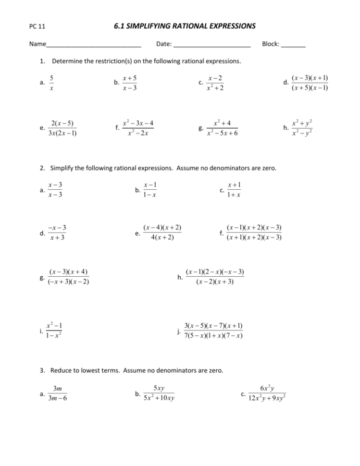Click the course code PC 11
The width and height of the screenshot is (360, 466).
(37, 27)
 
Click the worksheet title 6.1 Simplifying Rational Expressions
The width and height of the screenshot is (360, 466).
(185, 26)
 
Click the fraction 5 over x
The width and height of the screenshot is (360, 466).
(51, 83)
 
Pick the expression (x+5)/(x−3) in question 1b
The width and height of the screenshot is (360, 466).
(129, 83)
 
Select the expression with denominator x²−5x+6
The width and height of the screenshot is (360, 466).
(222, 128)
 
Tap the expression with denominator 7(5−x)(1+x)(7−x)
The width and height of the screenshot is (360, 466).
(212, 331)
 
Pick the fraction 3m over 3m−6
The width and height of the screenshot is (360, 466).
(57, 394)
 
